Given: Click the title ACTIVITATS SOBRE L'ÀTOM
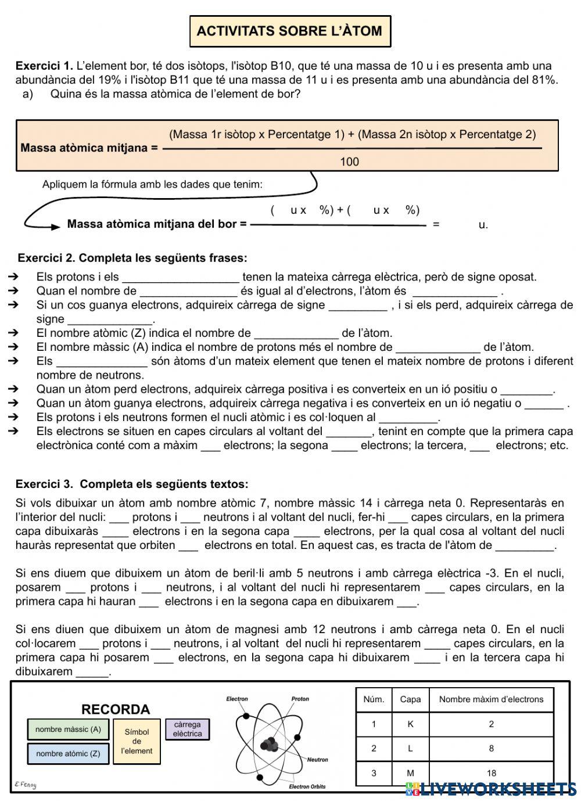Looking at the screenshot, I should [x=290, y=31].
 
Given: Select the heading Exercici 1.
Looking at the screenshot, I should [x=44, y=66].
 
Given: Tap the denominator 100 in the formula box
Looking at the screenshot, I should [x=349, y=161].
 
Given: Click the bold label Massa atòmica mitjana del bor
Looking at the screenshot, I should [x=157, y=224].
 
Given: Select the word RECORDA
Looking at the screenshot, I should [x=116, y=709].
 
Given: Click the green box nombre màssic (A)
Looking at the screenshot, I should [x=68, y=730].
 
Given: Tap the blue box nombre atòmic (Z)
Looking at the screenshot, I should [x=68, y=754].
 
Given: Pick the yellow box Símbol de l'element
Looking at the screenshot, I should [x=137, y=742].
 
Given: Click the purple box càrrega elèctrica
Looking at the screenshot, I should [x=187, y=729].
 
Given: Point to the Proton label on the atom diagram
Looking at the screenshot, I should [x=300, y=699].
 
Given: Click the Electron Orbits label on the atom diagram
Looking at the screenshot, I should [x=307, y=787].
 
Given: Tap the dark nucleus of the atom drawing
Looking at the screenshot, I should [x=270, y=744].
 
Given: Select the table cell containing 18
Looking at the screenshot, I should [x=491, y=773].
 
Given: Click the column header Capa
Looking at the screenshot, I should [x=410, y=699].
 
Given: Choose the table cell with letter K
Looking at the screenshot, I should [x=410, y=724].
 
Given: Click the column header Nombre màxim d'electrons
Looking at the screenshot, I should [x=491, y=699].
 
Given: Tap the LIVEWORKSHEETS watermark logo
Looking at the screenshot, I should [x=491, y=788].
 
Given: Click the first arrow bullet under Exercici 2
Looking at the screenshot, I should [x=15, y=277].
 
